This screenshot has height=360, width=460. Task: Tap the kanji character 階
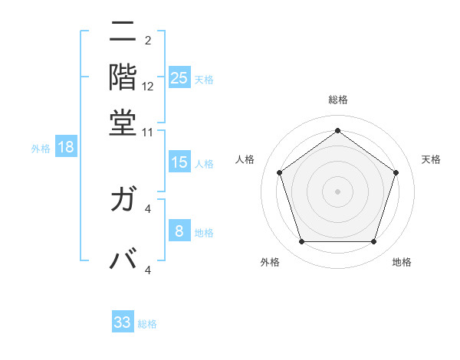coord(123,77)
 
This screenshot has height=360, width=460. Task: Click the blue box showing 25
coord(179,78)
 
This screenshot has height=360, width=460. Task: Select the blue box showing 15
coord(179,162)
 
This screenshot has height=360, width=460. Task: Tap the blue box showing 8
coord(179,232)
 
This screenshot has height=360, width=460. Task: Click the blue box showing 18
coord(66,148)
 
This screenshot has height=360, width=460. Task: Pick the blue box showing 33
coord(123,322)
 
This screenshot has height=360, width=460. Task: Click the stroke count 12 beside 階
coord(148,87)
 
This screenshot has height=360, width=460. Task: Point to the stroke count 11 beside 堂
coord(148,132)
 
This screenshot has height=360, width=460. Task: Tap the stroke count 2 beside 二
coord(148,41)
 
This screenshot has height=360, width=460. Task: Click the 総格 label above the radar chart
coord(338,100)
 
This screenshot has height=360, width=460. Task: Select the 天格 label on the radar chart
coord(432,159)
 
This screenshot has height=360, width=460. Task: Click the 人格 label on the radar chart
coord(245,159)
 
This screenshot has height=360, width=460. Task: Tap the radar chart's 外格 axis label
coord(270,262)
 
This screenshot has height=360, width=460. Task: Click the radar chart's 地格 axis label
coord(402,262)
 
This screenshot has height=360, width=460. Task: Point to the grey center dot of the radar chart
coord(338,191)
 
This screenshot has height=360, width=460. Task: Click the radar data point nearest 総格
coord(338,130)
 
